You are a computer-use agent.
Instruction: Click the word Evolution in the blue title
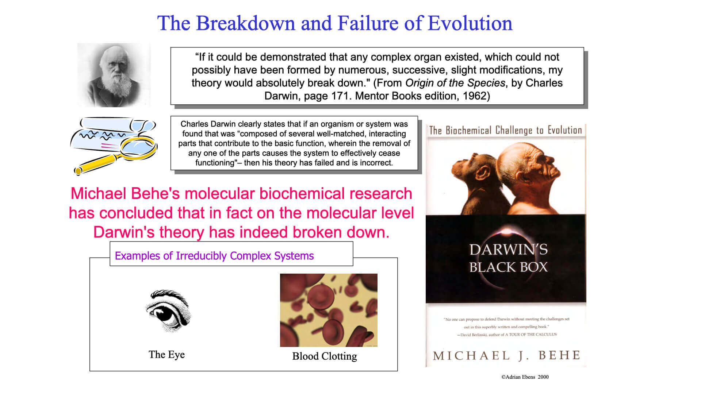click(x=470, y=23)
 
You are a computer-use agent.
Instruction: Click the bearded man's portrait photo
click(x=114, y=75)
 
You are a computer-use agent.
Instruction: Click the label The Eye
click(x=166, y=355)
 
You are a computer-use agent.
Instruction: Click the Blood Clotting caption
click(x=325, y=356)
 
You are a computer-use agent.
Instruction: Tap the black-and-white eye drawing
click(x=168, y=311)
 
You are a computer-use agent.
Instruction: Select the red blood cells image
click(x=329, y=310)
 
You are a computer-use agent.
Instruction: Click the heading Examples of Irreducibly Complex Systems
click(x=214, y=256)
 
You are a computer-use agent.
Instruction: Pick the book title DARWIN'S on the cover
click(x=508, y=250)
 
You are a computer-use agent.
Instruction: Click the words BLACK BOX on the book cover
click(x=508, y=267)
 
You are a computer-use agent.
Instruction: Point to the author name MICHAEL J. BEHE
click(x=506, y=355)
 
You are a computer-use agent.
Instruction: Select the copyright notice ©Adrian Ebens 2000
click(x=525, y=377)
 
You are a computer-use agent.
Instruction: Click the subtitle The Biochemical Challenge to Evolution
click(x=506, y=130)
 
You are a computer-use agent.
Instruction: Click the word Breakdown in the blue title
click(x=245, y=23)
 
